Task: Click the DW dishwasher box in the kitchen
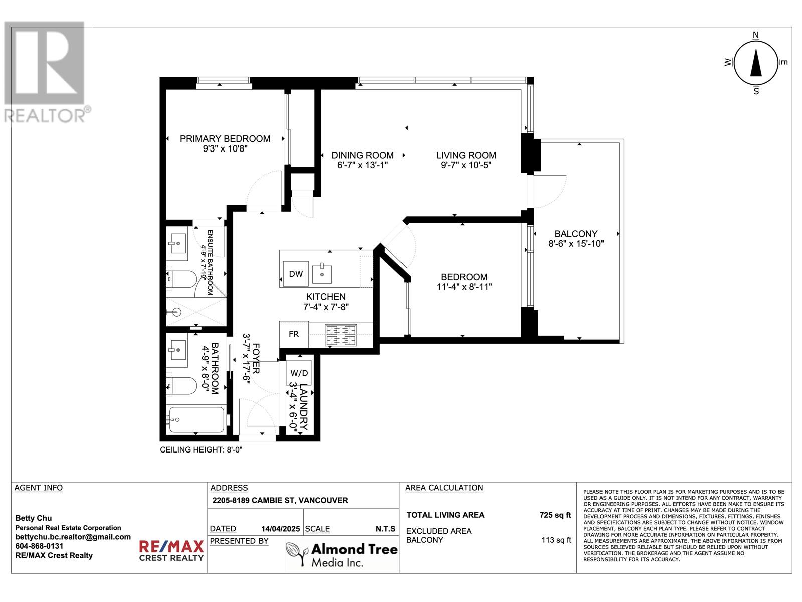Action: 296,273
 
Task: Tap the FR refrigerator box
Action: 294,334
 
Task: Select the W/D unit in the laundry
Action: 299,373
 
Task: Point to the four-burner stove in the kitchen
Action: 341,335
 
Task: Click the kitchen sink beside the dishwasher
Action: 322,274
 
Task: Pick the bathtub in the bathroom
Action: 196,419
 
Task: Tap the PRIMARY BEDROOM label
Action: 225,139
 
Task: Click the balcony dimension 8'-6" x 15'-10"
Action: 576,243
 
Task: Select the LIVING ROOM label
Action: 466,155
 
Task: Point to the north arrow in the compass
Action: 756,63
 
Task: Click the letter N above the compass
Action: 756,35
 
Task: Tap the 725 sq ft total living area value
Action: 555,515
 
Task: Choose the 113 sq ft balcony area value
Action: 556,540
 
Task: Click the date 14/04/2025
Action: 280,529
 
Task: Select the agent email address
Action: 73,537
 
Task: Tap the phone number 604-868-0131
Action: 39,546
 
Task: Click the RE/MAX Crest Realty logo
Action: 171,550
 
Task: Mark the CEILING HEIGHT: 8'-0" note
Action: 201,450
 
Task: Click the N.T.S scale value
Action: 385,529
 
